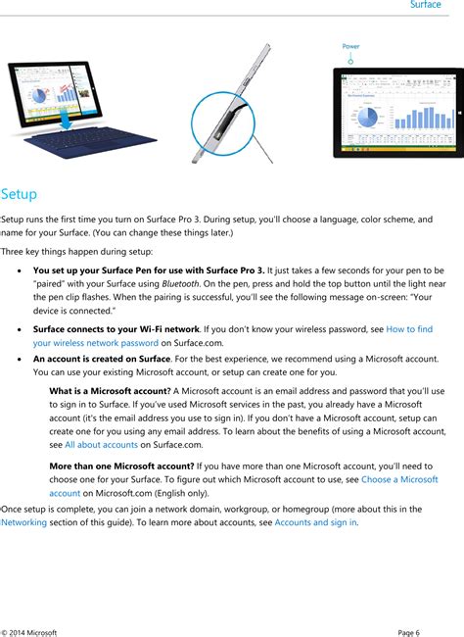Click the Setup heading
click(19, 193)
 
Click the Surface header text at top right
click(425, 6)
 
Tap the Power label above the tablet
click(350, 46)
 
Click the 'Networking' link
click(30, 522)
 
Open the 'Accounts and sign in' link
click(315, 522)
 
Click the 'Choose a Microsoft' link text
click(399, 479)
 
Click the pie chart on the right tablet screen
click(366, 115)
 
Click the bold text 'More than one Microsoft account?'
click(120, 465)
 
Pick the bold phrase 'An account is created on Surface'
click(105, 359)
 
